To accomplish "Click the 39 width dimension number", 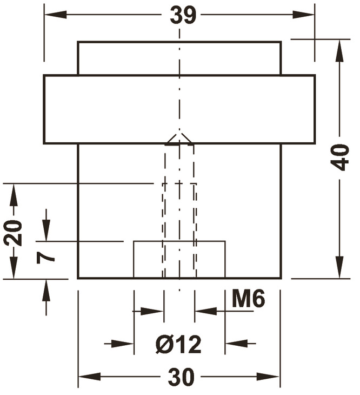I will pos(182,15).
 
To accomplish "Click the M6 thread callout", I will pos(248,298).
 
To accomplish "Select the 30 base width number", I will pos(181,378).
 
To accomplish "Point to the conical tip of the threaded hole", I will pos(179,139).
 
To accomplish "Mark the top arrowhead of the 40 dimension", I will pos(339,47).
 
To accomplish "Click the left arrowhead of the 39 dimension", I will pos(51,15).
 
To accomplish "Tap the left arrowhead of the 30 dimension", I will pos(86,377).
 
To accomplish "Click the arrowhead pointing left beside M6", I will pos(203,311).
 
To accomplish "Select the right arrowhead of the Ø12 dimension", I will pos(233,343).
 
